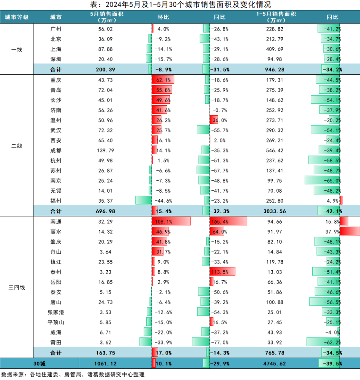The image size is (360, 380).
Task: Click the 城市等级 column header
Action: coord(17,17)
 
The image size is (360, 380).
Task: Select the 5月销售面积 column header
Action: coord(102,17)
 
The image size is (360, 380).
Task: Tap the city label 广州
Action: coord(56,29)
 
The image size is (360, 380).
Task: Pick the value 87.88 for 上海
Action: coord(102,49)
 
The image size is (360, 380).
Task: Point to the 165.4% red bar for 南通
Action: coord(228,221)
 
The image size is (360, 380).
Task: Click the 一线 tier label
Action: coord(17,49)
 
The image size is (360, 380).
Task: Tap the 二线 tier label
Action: coord(17,146)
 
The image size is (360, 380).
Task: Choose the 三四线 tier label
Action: coord(17,287)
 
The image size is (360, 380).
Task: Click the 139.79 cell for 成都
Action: coord(102,150)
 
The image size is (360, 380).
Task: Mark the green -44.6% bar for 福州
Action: coord(144,200)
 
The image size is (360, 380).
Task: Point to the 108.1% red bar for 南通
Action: coord(171,221)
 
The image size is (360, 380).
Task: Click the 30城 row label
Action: coord(39,363)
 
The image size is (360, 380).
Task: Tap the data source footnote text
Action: coord(73,375)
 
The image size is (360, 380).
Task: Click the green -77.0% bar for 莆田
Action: coord(201,342)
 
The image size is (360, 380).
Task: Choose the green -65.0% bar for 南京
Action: coord(322,181)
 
